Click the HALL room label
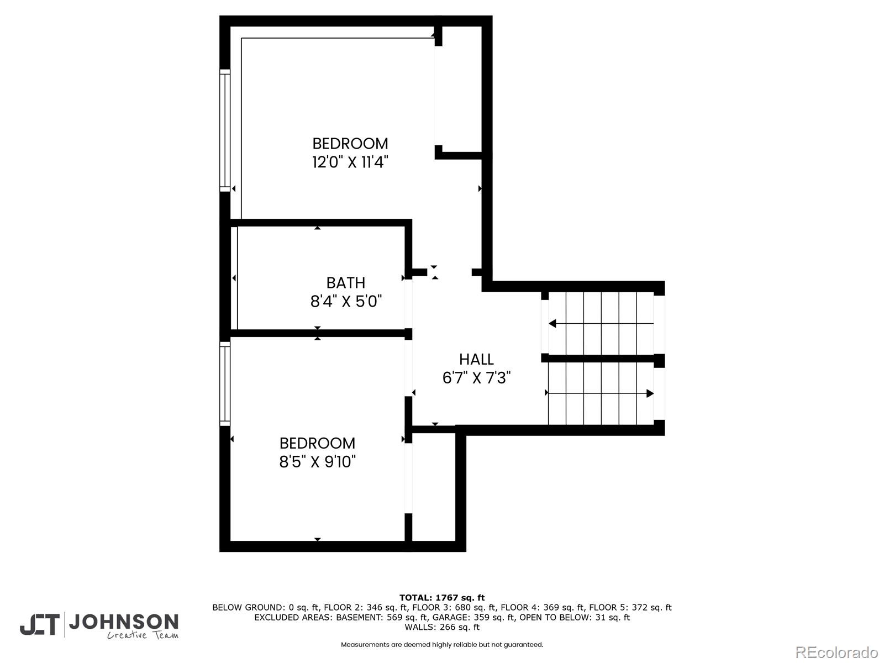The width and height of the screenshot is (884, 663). tap(476, 359)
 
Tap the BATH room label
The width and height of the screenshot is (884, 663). tap(346, 283)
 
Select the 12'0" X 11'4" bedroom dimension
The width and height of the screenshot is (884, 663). tap(350, 162)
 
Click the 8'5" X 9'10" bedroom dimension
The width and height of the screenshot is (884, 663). tap(317, 462)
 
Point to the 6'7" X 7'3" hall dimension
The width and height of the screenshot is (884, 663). tap(476, 378)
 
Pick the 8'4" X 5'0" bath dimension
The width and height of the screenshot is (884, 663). tap(346, 302)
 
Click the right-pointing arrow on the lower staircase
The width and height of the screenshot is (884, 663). tap(650, 393)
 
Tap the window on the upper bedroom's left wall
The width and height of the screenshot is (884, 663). tap(225, 130)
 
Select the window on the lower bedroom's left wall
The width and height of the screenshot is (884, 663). tap(225, 383)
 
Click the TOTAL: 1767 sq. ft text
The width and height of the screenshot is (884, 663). tap(441, 597)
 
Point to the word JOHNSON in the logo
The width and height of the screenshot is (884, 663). tap(123, 623)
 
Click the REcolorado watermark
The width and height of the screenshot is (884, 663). tap(836, 652)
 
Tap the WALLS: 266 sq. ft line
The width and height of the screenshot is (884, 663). tap(441, 627)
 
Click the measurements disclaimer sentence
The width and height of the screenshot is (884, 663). tap(441, 645)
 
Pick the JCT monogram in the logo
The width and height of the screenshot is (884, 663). tap(40, 625)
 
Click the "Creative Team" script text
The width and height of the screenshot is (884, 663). tap(143, 636)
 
